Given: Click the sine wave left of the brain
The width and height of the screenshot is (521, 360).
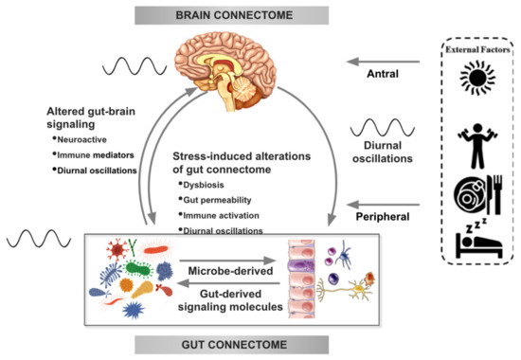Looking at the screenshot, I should point(141,67).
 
